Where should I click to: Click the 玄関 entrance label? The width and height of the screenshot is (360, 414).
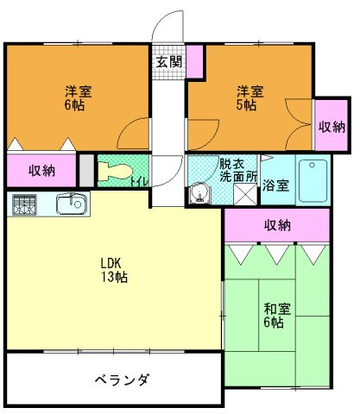click(169, 62)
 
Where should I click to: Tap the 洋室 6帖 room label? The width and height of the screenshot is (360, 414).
click(75, 97)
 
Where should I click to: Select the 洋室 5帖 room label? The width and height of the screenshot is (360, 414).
click(249, 97)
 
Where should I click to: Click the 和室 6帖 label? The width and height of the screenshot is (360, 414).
click(275, 316)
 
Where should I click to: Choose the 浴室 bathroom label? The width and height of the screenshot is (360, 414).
click(276, 185)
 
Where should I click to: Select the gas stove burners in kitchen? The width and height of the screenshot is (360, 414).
click(24, 205)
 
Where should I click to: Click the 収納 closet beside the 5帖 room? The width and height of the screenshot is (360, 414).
click(332, 126)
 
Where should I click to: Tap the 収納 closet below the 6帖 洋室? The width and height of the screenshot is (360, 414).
click(41, 171)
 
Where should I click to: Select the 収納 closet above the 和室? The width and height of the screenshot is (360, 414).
click(277, 225)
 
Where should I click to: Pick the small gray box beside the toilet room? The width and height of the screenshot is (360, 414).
click(85, 169)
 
